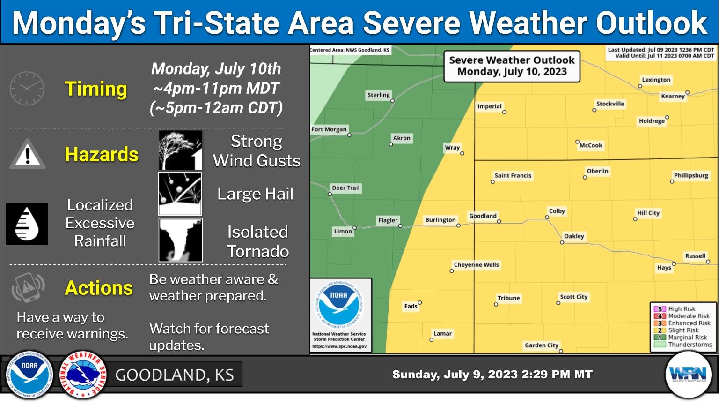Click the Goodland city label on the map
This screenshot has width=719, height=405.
tap(483, 216)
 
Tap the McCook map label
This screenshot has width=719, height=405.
tap(591, 145)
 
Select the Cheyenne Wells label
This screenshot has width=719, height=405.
tap(476, 265)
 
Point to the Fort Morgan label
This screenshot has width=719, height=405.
tap(329, 129)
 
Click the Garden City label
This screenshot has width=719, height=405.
tap(541, 345)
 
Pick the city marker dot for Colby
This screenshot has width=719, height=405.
tap(547, 217)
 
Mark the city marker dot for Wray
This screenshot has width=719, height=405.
tap(462, 153)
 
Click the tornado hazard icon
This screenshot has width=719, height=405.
tap(181, 240)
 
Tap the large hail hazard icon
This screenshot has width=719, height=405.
tap(181, 194)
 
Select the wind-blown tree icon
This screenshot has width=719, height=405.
tap(181, 150)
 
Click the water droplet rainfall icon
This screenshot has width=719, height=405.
tap(27, 224)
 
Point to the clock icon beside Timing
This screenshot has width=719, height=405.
tap(27, 89)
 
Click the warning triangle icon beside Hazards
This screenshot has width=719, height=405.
tap(28, 154)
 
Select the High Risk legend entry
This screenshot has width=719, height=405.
tap(681, 309)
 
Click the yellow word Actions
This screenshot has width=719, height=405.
tap(99, 288)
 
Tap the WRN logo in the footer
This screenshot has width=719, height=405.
tap(688, 374)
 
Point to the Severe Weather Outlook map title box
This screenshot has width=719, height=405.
tap(512, 66)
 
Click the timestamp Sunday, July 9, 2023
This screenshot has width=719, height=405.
tap(492, 375)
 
